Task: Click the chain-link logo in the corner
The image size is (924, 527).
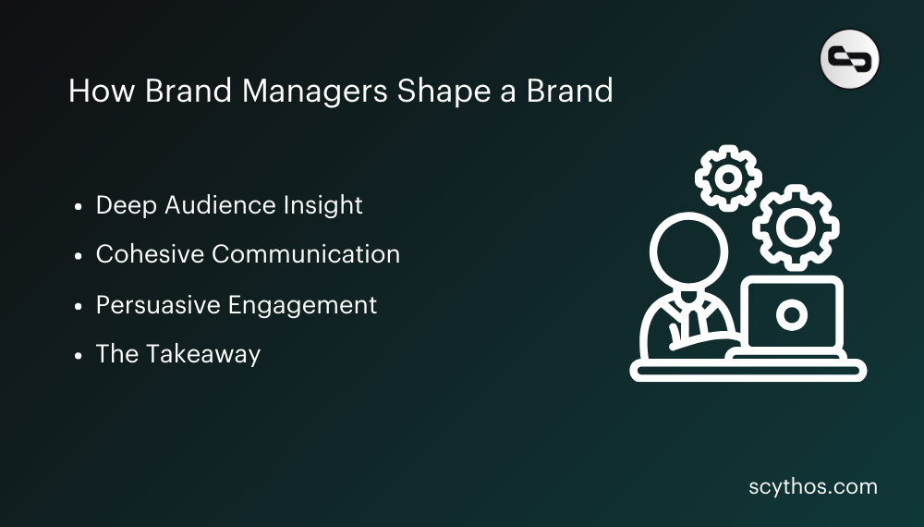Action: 849,59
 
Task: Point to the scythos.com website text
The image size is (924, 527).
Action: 813,486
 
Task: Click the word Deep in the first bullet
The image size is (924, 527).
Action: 126,206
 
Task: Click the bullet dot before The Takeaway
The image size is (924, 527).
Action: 79,355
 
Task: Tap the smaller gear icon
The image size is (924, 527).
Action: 728,177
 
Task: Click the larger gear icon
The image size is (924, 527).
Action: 796,227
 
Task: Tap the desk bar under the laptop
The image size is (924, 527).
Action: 748,372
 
